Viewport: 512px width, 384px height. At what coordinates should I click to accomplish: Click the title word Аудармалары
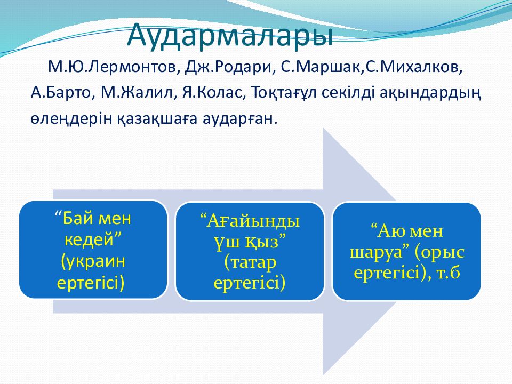tap(230, 35)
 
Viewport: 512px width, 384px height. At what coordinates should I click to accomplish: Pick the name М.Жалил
tap(139, 93)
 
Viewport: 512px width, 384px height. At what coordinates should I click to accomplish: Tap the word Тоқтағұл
tap(284, 94)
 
